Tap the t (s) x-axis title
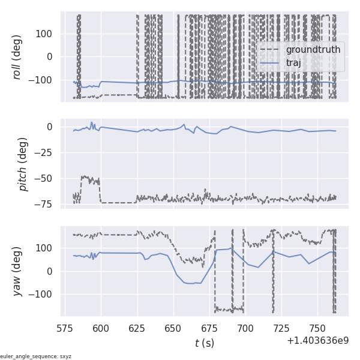[x=205, y=343]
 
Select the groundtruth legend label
[x=313, y=49]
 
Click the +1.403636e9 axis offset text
[x=317, y=340]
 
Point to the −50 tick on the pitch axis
[x=46, y=178]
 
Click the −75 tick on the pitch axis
[x=46, y=204]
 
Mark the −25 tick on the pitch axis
[x=46, y=152]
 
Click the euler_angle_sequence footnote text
[x=36, y=356]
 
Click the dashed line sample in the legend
[x=271, y=50]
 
